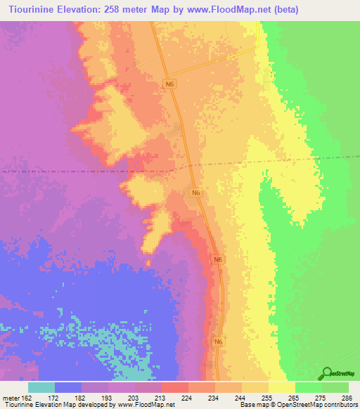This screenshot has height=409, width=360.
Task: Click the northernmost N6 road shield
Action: (169, 84)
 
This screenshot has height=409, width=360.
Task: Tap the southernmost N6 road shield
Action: (219, 341)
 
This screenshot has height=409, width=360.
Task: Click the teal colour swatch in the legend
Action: (41, 387)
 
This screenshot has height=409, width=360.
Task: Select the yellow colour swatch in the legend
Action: (282, 387)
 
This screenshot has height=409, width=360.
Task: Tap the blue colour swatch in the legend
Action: (68, 387)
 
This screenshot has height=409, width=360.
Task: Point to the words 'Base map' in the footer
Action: (252, 405)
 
